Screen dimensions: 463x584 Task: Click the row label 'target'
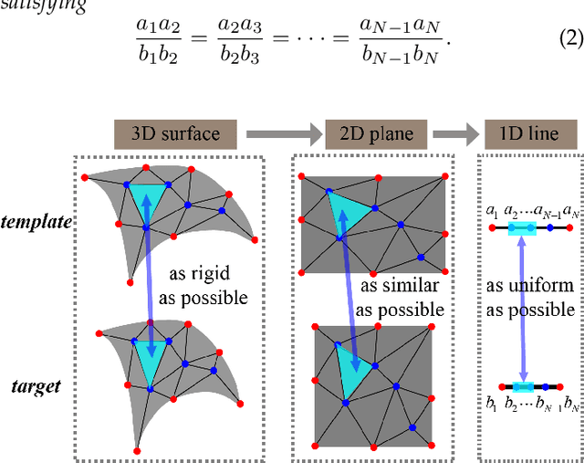coord(37,385)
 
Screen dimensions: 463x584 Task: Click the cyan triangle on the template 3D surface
coord(149,198)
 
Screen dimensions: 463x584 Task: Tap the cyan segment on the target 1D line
coord(523,386)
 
